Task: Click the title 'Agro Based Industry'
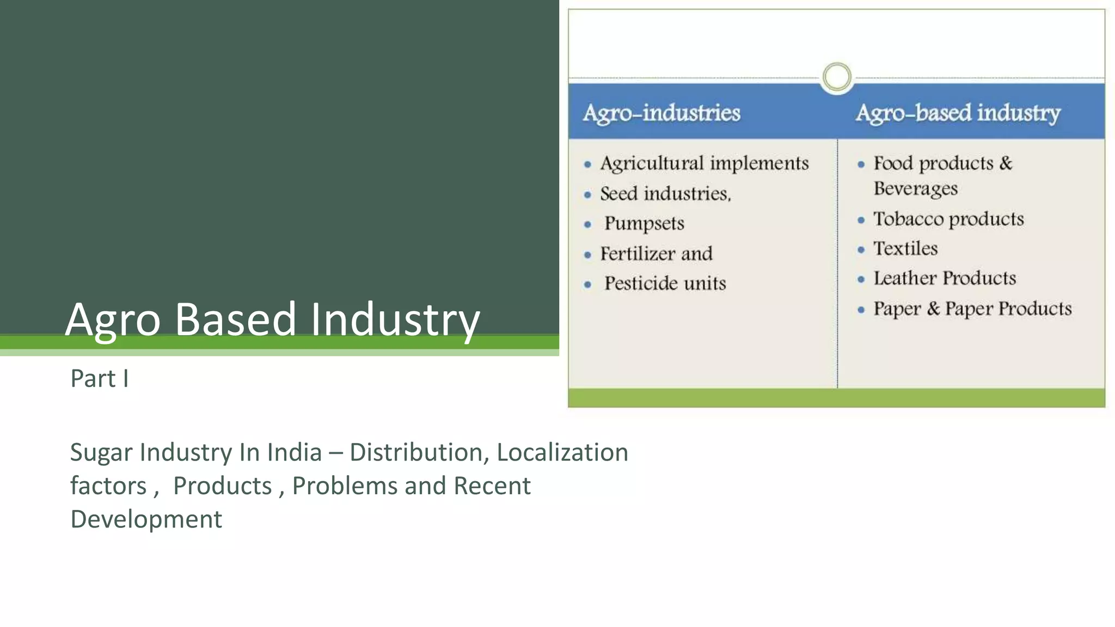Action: (x=272, y=319)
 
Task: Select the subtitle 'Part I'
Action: (x=100, y=378)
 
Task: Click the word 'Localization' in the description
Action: (x=562, y=452)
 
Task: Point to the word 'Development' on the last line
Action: (x=146, y=519)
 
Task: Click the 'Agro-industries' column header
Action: (x=661, y=113)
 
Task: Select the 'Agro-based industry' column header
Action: (x=958, y=113)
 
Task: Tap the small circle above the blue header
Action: (x=836, y=77)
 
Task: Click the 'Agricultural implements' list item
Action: (x=704, y=163)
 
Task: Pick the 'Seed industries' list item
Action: (x=665, y=194)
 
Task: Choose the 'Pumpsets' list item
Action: (x=644, y=223)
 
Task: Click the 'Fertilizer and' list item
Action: (x=656, y=254)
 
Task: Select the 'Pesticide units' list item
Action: (x=665, y=284)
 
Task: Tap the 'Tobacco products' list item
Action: (x=948, y=219)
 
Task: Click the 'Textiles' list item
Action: (x=905, y=249)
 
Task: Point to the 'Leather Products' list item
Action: (x=945, y=279)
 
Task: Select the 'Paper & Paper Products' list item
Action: (x=972, y=309)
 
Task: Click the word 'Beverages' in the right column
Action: (x=915, y=188)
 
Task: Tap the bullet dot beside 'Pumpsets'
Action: (x=587, y=224)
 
